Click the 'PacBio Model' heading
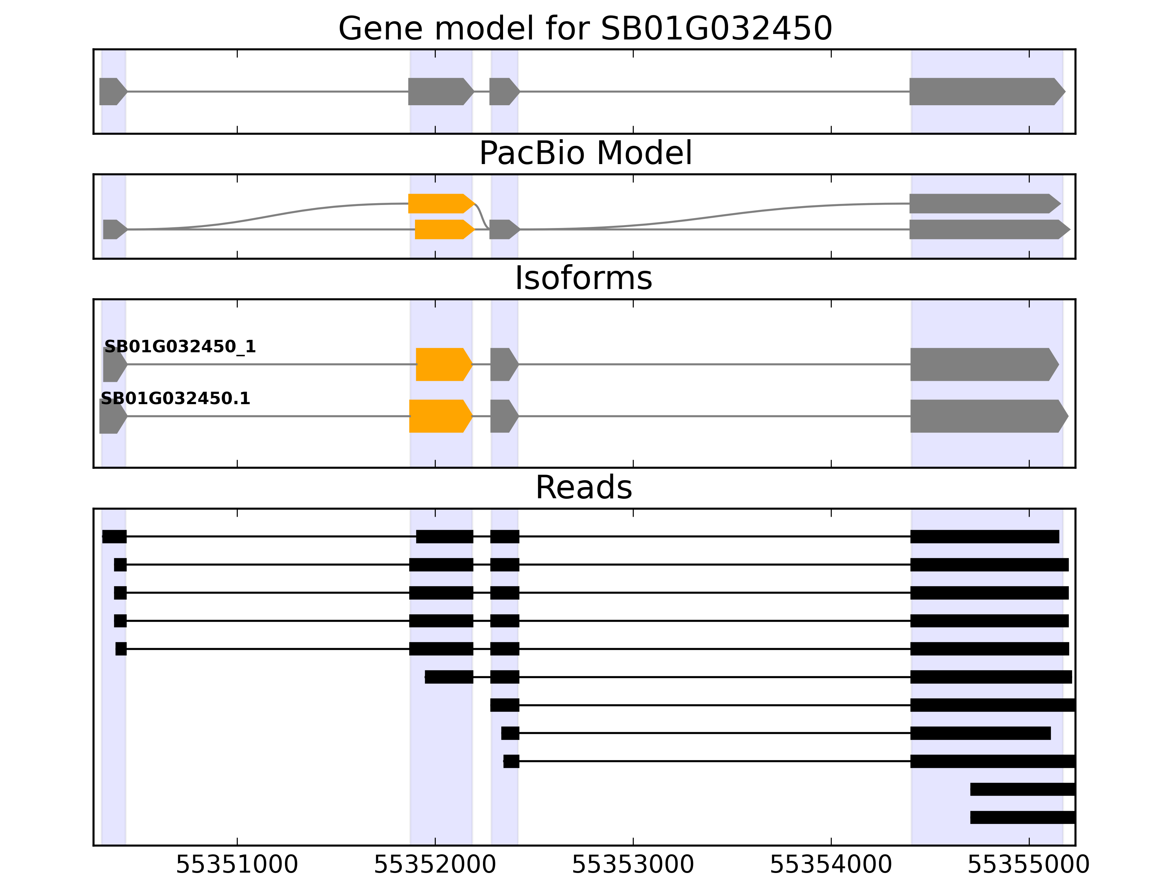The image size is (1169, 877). click(584, 153)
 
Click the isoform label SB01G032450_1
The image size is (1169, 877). click(180, 347)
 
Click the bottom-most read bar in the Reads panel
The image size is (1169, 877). click(1022, 817)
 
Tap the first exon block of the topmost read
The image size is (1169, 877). click(114, 536)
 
